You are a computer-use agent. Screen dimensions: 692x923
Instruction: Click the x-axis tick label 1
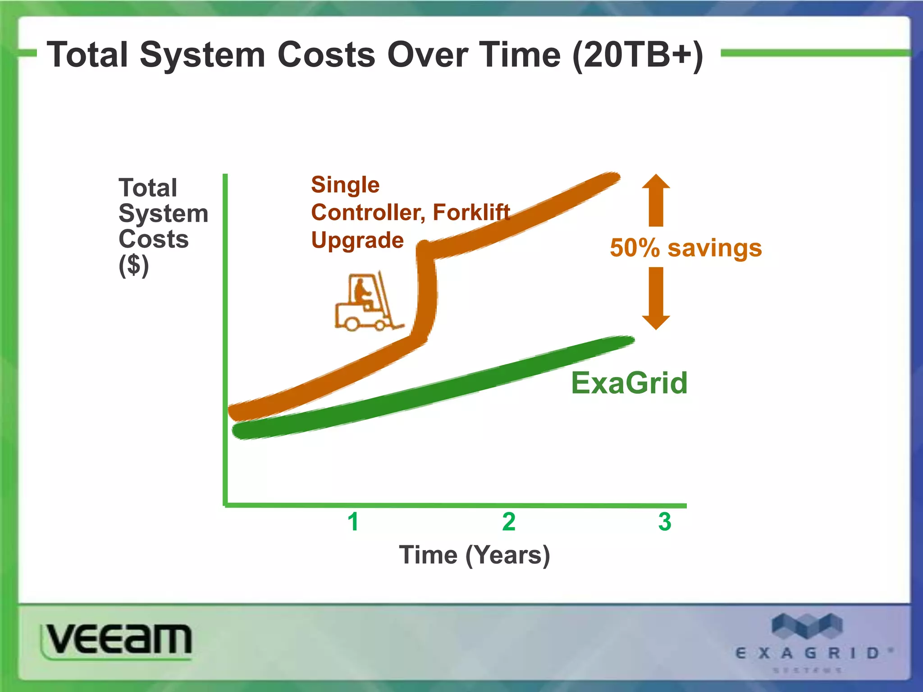(353, 522)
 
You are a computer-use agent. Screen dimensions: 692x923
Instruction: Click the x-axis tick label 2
(509, 522)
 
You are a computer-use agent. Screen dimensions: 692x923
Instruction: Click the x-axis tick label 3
(664, 522)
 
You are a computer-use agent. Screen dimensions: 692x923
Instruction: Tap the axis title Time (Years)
(474, 555)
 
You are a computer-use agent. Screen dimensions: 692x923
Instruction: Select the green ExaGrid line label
(629, 383)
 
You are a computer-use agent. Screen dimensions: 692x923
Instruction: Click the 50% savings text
(685, 248)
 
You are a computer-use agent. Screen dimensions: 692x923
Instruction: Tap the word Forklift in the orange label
(471, 212)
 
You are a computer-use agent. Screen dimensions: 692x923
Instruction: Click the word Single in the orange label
(345, 185)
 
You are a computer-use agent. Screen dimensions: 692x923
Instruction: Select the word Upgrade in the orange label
(357, 240)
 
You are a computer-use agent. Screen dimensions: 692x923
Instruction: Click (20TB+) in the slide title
(637, 55)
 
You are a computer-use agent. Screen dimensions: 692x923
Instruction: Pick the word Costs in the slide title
(326, 55)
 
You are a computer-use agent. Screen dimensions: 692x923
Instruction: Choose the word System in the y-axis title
(163, 213)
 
